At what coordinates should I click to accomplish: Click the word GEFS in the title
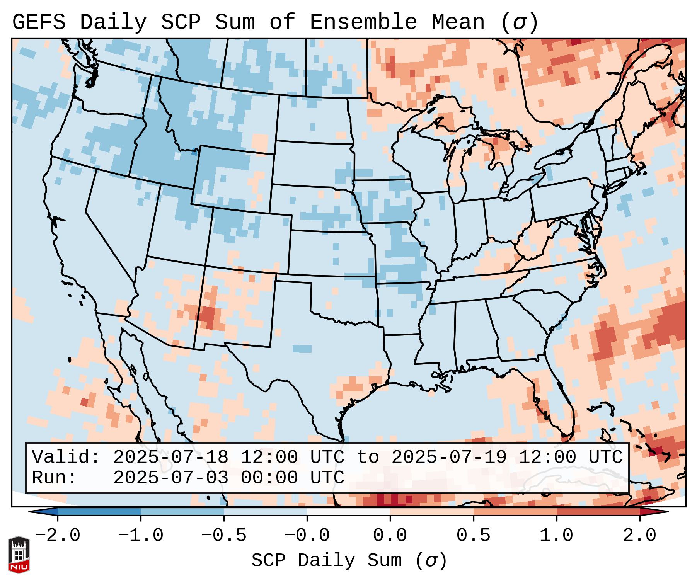(39, 22)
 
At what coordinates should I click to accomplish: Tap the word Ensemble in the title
(363, 22)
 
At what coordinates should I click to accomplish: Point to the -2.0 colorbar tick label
(58, 536)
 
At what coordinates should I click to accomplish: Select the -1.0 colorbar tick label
(141, 536)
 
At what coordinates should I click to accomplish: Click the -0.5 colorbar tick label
(224, 536)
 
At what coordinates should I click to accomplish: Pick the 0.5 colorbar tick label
(473, 536)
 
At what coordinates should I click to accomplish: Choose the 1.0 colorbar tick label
(556, 536)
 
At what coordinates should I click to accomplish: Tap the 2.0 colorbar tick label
(639, 536)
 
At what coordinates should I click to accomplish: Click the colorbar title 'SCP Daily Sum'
(327, 561)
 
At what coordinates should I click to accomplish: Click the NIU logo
(19, 555)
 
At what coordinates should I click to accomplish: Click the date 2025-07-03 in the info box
(170, 478)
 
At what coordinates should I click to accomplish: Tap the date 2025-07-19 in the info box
(449, 457)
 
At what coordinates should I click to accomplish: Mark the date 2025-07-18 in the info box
(170, 457)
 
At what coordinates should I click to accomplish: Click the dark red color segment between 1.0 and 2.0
(598, 512)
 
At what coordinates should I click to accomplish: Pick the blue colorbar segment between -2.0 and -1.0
(99, 512)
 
